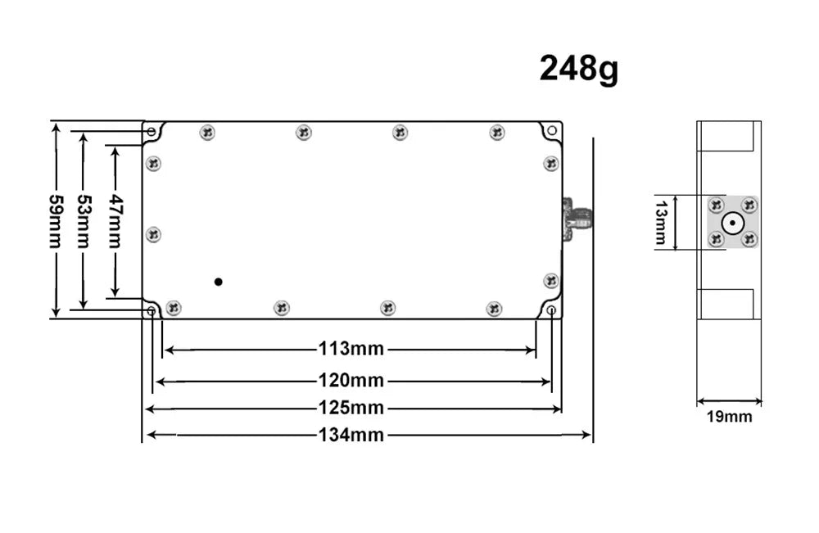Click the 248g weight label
[578, 70]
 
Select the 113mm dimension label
[351, 350]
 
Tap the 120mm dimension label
[351, 381]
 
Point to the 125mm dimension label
[351, 408]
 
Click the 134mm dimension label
[351, 435]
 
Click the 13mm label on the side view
[661, 222]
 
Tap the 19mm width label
[729, 417]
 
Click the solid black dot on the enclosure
[218, 282]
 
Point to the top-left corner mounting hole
[152, 131]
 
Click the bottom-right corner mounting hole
[551, 311]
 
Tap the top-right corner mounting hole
[552, 131]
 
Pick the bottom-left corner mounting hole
[152, 311]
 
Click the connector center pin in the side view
[731, 222]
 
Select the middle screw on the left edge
[153, 235]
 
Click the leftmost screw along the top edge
[207, 132]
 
